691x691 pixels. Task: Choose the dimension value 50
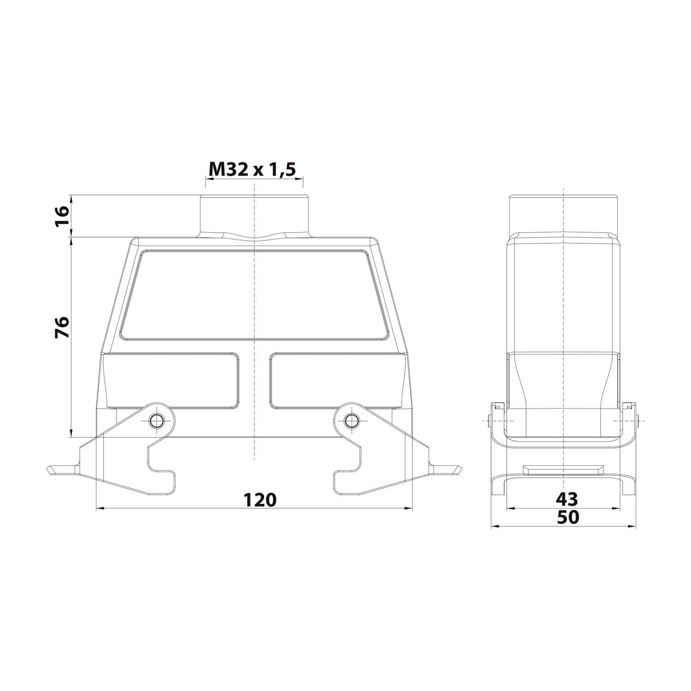click(x=568, y=518)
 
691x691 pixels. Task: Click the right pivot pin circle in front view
click(x=352, y=420)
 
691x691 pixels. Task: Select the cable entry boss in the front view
click(x=254, y=216)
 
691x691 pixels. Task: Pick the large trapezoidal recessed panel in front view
click(x=254, y=295)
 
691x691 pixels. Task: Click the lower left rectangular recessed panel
click(x=173, y=380)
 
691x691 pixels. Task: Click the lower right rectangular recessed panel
click(x=336, y=380)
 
